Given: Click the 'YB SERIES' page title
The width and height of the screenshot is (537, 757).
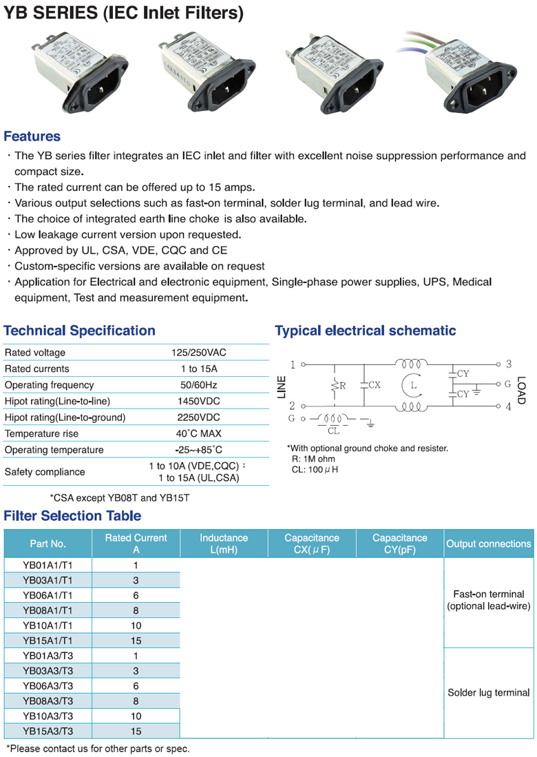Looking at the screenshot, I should pos(124,13).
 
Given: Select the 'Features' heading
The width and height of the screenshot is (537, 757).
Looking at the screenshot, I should pos(32,136).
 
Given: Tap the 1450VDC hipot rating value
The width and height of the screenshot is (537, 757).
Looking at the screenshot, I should pos(198,401).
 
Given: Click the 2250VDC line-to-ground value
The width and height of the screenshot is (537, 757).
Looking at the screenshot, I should pos(198,417).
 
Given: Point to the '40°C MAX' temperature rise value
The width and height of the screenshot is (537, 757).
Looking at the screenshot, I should pos(198,434).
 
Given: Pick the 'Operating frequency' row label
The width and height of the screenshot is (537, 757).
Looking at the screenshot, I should pos(49,385).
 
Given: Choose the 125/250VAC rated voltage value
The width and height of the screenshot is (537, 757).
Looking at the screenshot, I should pos(198,353).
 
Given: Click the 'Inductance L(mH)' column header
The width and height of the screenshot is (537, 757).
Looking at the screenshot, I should pos(224,543).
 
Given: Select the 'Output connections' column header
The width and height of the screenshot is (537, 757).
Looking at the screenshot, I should pos(489,543).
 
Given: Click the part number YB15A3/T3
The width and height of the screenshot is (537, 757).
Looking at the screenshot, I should pos(48,732).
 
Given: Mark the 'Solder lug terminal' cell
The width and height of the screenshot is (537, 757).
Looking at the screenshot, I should pos(489,693).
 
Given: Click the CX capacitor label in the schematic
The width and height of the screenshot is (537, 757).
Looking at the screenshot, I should pos(374,386).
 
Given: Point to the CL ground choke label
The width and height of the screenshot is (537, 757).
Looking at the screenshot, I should pos(333,431).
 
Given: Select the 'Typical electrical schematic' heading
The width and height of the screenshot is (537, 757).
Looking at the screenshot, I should pos(365,331).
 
